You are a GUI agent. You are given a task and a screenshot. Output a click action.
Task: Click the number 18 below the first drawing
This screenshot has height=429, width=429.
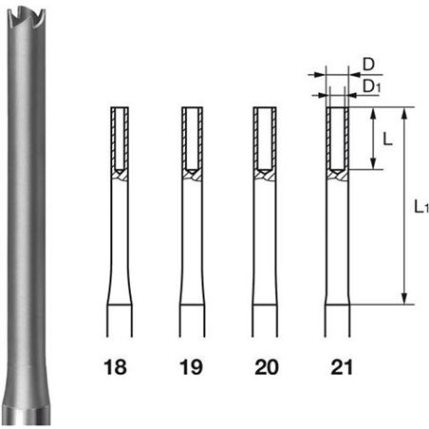tap(115, 367)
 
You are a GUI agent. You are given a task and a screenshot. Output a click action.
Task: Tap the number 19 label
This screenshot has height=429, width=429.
tap(191, 367)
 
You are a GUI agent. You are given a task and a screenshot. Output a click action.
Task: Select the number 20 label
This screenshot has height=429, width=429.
tap(267, 367)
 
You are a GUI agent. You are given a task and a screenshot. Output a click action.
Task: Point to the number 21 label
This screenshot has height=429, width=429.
tap(342, 367)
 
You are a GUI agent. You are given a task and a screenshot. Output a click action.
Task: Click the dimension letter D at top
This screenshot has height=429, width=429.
tap(368, 65)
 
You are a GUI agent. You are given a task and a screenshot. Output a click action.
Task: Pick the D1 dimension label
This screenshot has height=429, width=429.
tap(371, 86)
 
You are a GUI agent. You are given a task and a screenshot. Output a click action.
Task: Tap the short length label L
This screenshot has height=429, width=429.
tap(388, 139)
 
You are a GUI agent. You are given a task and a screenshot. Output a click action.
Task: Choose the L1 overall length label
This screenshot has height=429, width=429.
tap(421, 207)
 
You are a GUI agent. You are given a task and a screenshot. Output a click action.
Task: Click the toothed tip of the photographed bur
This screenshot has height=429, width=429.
tap(27, 18)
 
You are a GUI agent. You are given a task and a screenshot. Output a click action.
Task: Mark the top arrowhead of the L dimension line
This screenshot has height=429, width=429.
tap(373, 113)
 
